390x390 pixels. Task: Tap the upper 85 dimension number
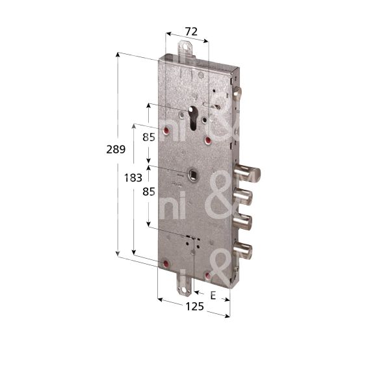click(x=149, y=137)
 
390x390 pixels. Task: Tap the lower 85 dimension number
click(x=149, y=192)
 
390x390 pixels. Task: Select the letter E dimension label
click(x=213, y=295)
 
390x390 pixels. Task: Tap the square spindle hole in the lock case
click(x=193, y=174)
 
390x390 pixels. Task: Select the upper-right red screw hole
click(x=208, y=139)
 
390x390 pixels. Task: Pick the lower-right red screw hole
click(x=207, y=276)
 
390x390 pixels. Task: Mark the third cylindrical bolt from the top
click(x=245, y=221)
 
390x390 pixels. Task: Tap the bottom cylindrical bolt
click(x=245, y=250)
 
